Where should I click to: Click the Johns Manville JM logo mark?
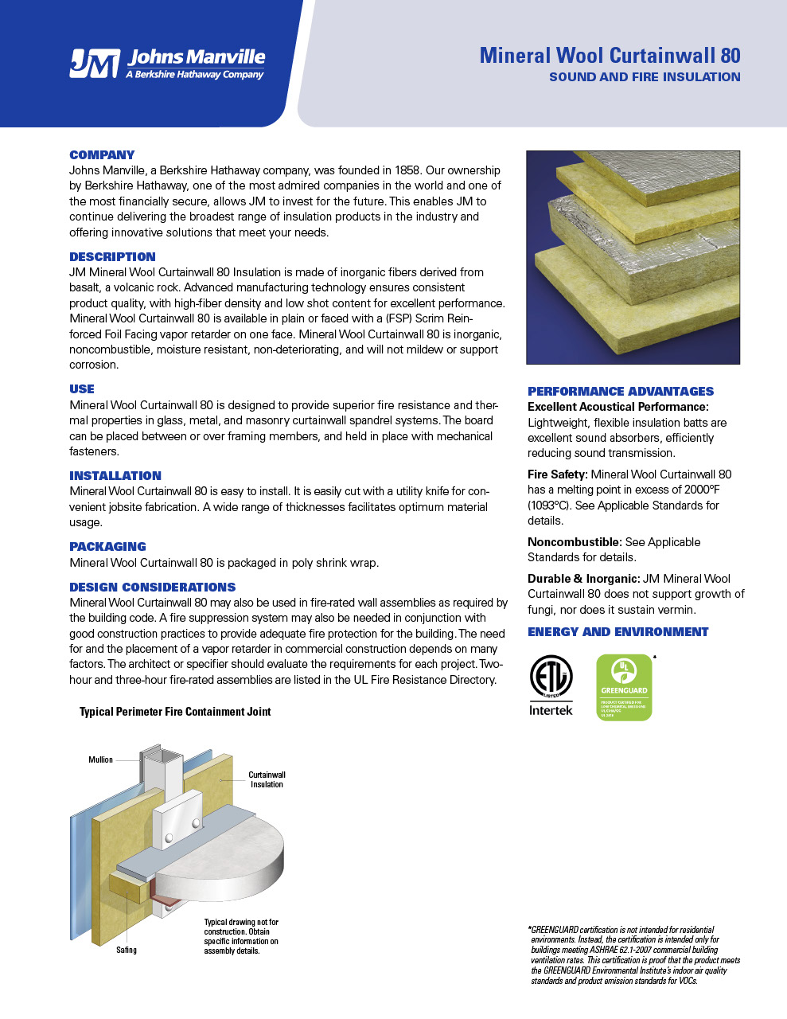tap(94, 64)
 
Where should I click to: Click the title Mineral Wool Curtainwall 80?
tap(610, 55)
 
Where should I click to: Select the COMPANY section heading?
tap(102, 154)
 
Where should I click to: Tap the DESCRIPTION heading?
tap(112, 256)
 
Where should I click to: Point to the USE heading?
tap(82, 388)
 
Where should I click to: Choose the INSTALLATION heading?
tap(115, 475)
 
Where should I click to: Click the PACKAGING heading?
tap(107, 546)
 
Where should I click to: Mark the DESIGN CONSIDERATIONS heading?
tap(152, 587)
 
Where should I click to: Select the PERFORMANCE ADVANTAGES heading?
tap(621, 391)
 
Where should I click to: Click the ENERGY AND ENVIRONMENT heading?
tap(618, 631)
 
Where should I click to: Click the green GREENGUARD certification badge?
tap(624, 687)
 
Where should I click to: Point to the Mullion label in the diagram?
tap(100, 759)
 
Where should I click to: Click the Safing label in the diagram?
tap(127, 950)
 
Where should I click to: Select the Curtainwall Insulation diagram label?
tap(267, 779)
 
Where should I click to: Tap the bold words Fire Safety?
tap(557, 474)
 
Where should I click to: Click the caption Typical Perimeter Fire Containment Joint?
tap(175, 712)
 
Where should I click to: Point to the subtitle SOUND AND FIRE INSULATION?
tap(645, 77)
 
